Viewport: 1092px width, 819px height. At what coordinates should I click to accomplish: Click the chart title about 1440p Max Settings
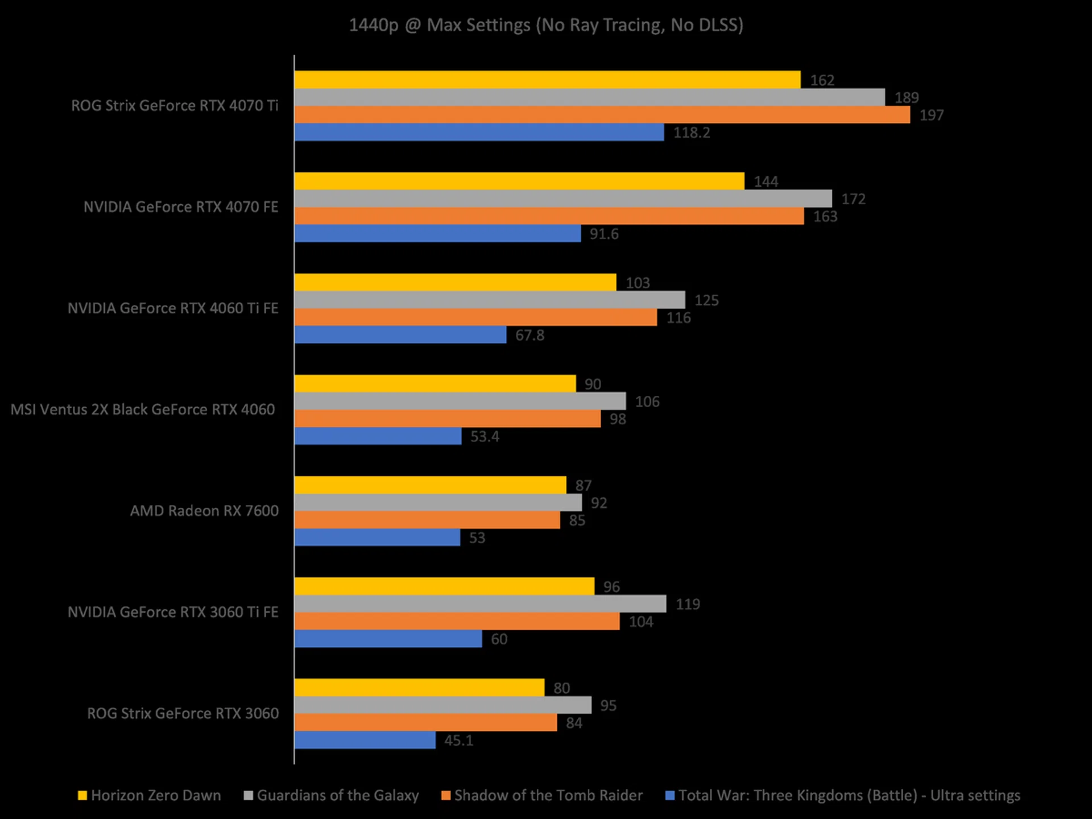546,25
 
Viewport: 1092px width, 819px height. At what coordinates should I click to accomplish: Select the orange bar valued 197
602,115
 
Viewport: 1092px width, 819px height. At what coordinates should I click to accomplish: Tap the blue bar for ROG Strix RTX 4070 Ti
479,133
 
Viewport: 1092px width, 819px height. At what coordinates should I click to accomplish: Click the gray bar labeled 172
563,198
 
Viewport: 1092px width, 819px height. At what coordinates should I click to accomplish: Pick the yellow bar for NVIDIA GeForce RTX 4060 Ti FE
455,283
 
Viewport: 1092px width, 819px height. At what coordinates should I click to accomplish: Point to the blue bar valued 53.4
378,436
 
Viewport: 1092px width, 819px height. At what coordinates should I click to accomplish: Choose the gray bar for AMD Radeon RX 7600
438,503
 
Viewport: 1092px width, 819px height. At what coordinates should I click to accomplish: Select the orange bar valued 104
457,621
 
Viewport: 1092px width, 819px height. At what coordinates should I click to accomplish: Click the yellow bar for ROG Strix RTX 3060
419,688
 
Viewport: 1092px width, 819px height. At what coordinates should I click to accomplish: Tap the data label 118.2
692,133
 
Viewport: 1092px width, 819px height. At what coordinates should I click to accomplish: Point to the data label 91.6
604,234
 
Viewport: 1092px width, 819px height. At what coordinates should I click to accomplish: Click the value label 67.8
530,336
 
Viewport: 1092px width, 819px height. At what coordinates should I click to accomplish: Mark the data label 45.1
458,741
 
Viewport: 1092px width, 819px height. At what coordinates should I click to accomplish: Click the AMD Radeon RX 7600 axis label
204,511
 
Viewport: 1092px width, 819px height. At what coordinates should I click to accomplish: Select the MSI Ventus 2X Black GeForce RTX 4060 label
143,409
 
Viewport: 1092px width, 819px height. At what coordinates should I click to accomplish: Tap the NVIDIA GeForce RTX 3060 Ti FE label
173,612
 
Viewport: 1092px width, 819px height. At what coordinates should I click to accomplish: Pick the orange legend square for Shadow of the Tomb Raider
446,796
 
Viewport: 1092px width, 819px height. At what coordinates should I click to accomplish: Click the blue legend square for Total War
670,796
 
